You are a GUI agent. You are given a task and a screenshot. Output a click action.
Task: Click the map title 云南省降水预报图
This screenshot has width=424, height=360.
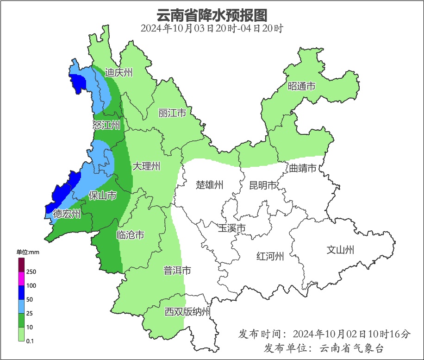coord(212,15)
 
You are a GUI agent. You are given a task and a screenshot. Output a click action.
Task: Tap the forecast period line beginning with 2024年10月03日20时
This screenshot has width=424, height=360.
coord(212,28)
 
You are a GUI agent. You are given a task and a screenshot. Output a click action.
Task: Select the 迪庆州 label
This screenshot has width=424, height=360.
coord(119,72)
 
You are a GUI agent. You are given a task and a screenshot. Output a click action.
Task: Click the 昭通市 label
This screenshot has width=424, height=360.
coord(301,86)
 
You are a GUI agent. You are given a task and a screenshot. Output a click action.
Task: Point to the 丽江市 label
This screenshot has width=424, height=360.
coord(172,113)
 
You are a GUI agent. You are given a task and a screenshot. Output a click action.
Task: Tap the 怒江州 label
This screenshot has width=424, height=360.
coord(106,125)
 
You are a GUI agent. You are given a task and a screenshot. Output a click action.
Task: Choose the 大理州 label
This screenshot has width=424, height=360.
coord(146,166)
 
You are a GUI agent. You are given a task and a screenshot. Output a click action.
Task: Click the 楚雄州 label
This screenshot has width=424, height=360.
coord(209,185)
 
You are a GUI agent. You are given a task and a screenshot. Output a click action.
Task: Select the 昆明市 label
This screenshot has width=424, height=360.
coord(262,185)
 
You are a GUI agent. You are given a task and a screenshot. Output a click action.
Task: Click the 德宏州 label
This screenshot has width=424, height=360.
coord(67,214)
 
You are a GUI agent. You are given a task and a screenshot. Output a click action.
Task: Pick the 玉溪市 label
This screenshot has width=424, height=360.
coord(231,228)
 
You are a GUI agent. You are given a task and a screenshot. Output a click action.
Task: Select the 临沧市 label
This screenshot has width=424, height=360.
coord(130,235)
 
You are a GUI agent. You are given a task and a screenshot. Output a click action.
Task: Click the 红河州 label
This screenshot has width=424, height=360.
coord(270,256)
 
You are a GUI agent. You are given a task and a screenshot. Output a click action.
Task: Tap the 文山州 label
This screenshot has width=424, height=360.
coord(340,250)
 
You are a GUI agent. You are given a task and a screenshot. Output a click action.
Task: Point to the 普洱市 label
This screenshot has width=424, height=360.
coord(177,271)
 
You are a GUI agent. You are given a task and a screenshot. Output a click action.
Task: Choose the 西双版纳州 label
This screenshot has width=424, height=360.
coord(187,312)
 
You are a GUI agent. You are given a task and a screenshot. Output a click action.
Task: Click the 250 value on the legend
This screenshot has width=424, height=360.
coord(31,272)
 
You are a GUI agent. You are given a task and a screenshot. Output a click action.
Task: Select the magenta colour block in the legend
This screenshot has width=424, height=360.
coord(21,278)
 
